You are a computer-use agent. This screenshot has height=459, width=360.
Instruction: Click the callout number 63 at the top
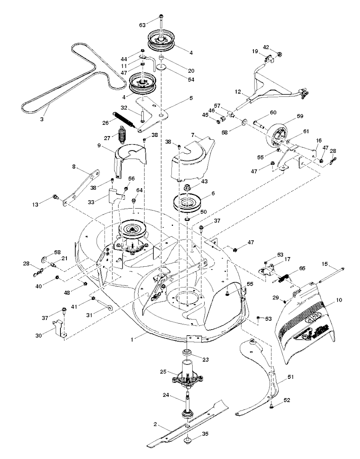(142, 25)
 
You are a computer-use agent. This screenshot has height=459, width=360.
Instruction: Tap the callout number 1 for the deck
(132, 340)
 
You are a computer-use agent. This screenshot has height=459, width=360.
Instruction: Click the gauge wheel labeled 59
(277, 135)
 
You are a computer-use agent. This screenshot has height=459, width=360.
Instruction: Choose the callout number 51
(290, 377)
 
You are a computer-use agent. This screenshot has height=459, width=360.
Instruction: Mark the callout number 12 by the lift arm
(238, 91)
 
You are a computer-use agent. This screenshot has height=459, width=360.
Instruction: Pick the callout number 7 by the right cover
(192, 135)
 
